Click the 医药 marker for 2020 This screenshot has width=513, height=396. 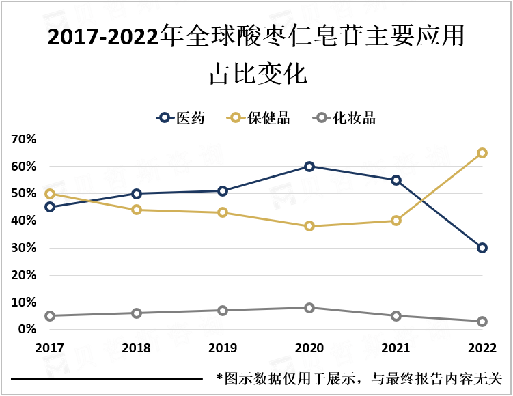(x=309, y=167)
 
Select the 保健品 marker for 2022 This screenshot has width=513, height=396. (x=482, y=153)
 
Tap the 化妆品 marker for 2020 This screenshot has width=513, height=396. (x=309, y=308)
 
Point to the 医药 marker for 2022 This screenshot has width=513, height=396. (x=482, y=248)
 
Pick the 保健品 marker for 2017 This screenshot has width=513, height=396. (x=50, y=194)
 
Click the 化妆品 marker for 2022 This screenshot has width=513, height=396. (x=482, y=322)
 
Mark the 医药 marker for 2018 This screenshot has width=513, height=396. (x=137, y=194)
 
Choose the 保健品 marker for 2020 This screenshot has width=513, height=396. (x=309, y=226)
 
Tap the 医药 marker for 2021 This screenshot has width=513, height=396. (x=396, y=180)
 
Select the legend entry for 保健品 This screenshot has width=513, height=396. (x=260, y=118)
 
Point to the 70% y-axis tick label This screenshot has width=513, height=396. (x=24, y=139)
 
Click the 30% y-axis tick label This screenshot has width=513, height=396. (x=24, y=248)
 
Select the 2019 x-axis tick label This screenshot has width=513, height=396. (x=223, y=348)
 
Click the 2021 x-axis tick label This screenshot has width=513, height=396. (x=396, y=348)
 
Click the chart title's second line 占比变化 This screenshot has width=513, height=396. (x=258, y=74)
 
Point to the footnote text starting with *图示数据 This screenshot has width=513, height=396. (x=359, y=378)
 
